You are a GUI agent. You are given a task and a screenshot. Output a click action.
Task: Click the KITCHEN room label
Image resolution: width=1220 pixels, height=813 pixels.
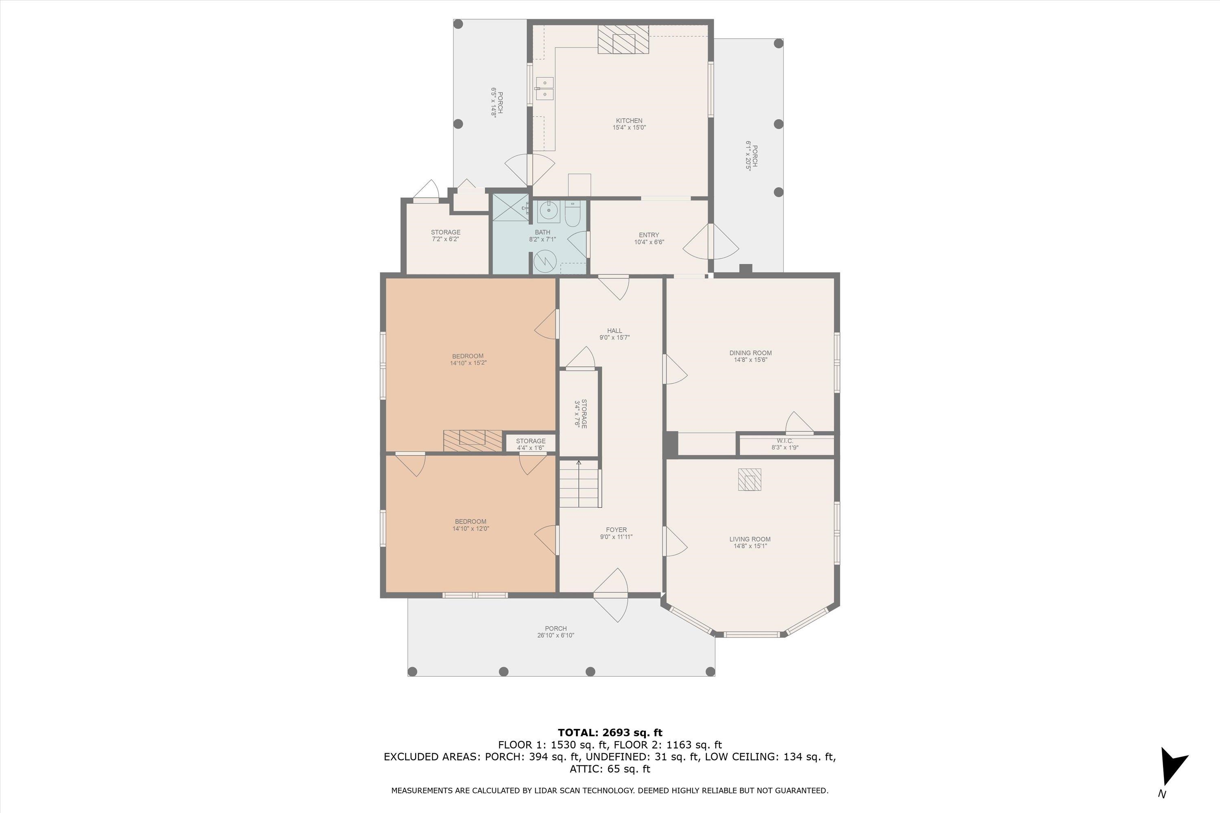pyautogui.click(x=629, y=121)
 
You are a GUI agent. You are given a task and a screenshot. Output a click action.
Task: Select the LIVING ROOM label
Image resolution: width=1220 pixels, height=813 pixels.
pyautogui.click(x=749, y=539)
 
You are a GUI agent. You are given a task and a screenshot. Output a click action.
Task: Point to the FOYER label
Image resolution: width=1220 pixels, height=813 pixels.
pyautogui.click(x=616, y=530)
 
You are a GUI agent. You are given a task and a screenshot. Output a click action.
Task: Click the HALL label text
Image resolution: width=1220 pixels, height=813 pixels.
pyautogui.click(x=614, y=331)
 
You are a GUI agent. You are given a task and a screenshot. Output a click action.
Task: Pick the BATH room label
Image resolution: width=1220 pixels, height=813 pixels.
pyautogui.click(x=542, y=232)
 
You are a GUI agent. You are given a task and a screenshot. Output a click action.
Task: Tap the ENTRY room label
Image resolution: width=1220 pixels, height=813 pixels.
pyautogui.click(x=649, y=235)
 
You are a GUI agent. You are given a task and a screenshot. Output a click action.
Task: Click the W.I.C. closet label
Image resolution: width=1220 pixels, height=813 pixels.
pyautogui.click(x=785, y=441)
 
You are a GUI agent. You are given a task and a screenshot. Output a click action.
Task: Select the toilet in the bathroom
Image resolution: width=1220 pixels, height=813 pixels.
pyautogui.click(x=572, y=214)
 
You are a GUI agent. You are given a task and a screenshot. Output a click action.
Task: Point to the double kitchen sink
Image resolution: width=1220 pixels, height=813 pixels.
pyautogui.click(x=544, y=88)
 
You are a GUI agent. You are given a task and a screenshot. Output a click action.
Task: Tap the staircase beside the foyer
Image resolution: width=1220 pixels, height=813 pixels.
pyautogui.click(x=580, y=484)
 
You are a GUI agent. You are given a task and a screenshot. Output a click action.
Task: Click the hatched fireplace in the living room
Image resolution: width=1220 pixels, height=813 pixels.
pyautogui.click(x=749, y=480)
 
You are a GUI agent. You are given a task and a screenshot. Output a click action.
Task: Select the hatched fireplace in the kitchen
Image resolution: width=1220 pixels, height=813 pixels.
pyautogui.click(x=623, y=39)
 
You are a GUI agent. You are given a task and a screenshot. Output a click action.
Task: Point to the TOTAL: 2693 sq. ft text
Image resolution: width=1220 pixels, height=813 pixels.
pyautogui.click(x=610, y=733)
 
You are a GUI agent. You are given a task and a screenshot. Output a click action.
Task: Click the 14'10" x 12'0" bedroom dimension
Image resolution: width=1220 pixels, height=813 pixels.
pyautogui.click(x=471, y=529)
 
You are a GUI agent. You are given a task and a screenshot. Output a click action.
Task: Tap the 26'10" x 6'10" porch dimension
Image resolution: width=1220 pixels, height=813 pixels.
pyautogui.click(x=556, y=635)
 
